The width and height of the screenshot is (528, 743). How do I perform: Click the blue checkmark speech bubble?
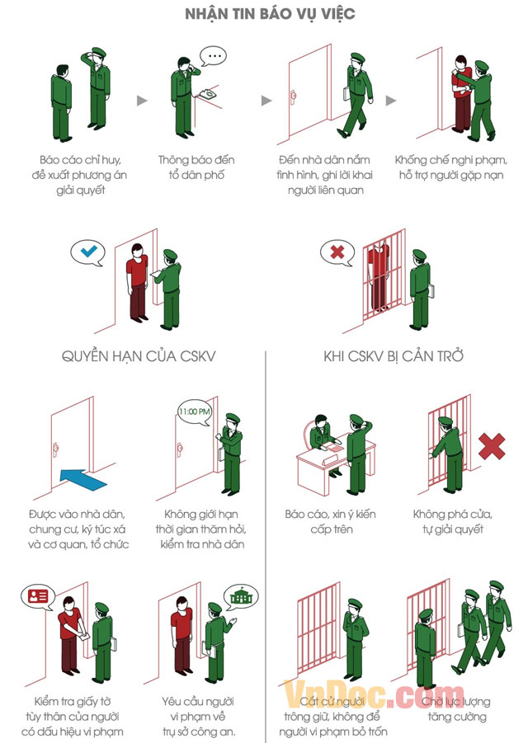(x=87, y=251)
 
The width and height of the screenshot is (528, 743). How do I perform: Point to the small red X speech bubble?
(x=337, y=251)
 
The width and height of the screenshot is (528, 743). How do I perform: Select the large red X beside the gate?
(x=493, y=446)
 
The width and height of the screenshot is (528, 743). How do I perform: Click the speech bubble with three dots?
(x=215, y=56)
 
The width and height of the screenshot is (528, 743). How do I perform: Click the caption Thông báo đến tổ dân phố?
(x=192, y=167)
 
